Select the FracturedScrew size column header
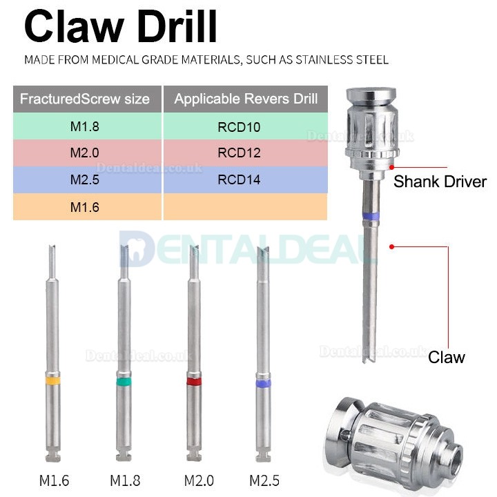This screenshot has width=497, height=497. [x=85, y=99]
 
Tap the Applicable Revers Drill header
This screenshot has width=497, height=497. [x=246, y=99]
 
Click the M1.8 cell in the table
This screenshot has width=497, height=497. [x=85, y=127]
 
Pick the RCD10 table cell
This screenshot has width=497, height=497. [x=246, y=127]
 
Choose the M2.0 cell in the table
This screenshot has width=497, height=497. [x=85, y=153]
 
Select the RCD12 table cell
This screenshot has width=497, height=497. [x=246, y=153]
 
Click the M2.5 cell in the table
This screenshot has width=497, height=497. [x=85, y=179]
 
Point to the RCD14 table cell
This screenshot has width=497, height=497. [x=246, y=179]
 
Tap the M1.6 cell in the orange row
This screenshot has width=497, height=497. [x=85, y=206]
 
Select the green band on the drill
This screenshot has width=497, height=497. [x=124, y=381]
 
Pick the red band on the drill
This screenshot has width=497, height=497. [x=194, y=381]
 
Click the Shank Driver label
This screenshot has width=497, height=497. [x=440, y=182]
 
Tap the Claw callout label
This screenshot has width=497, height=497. [x=446, y=357]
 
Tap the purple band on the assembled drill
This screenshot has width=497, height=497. [x=371, y=216]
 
